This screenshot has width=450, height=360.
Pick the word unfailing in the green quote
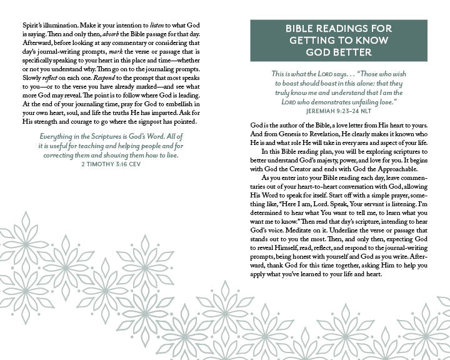point(361,101)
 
